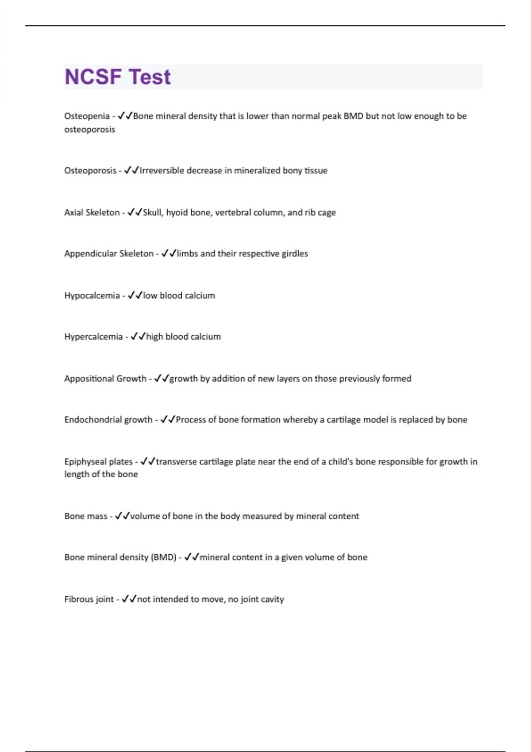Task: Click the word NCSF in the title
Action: [93, 77]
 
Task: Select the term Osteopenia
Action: [87, 116]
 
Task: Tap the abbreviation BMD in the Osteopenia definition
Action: [353, 116]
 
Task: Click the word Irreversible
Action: [162, 170]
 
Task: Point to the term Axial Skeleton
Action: [92, 212]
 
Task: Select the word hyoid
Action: [177, 212]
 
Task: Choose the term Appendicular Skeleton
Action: [108, 253]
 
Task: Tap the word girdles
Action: [295, 253]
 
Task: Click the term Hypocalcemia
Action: [92, 295]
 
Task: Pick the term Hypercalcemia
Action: [93, 337]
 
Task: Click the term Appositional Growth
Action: [105, 379]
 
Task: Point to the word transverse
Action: [176, 462]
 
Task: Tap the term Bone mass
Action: [85, 516]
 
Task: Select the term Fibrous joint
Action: [89, 599]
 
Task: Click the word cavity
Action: [272, 599]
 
